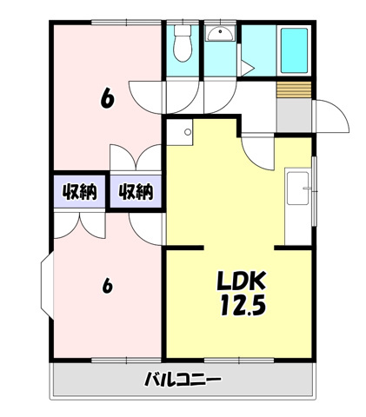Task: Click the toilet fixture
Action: tap(183, 43)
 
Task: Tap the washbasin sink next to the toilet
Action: tap(220, 34)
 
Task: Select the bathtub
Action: tap(294, 50)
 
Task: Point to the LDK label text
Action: tap(242, 281)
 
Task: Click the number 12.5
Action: tap(243, 305)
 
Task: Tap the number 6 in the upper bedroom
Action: tap(107, 98)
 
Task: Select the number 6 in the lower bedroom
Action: tap(107, 286)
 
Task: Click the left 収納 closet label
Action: tap(80, 191)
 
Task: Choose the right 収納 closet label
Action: tap(136, 191)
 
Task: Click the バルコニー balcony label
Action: tap(183, 379)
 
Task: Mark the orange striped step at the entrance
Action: tap(294, 89)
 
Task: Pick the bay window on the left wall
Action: tap(47, 286)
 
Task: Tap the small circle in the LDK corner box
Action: tap(188, 132)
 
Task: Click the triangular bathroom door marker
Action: tap(247, 68)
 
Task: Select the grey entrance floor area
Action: tap(294, 116)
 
